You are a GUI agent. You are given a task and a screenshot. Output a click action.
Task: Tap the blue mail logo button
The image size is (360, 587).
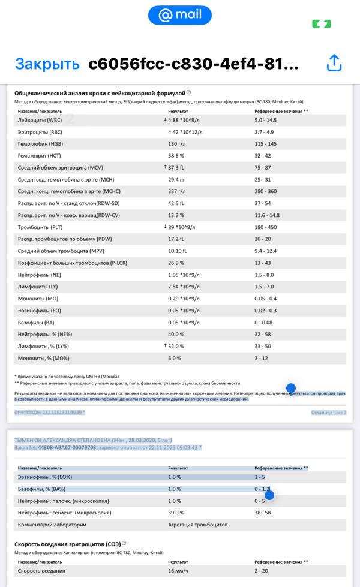179,15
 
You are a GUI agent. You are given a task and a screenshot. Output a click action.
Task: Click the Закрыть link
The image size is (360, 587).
47,64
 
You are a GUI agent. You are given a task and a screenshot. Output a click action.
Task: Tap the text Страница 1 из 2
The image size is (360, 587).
329,412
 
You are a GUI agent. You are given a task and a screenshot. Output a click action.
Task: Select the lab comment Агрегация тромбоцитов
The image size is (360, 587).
198,525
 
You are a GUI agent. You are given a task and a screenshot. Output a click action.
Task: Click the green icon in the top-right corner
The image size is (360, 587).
321,24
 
